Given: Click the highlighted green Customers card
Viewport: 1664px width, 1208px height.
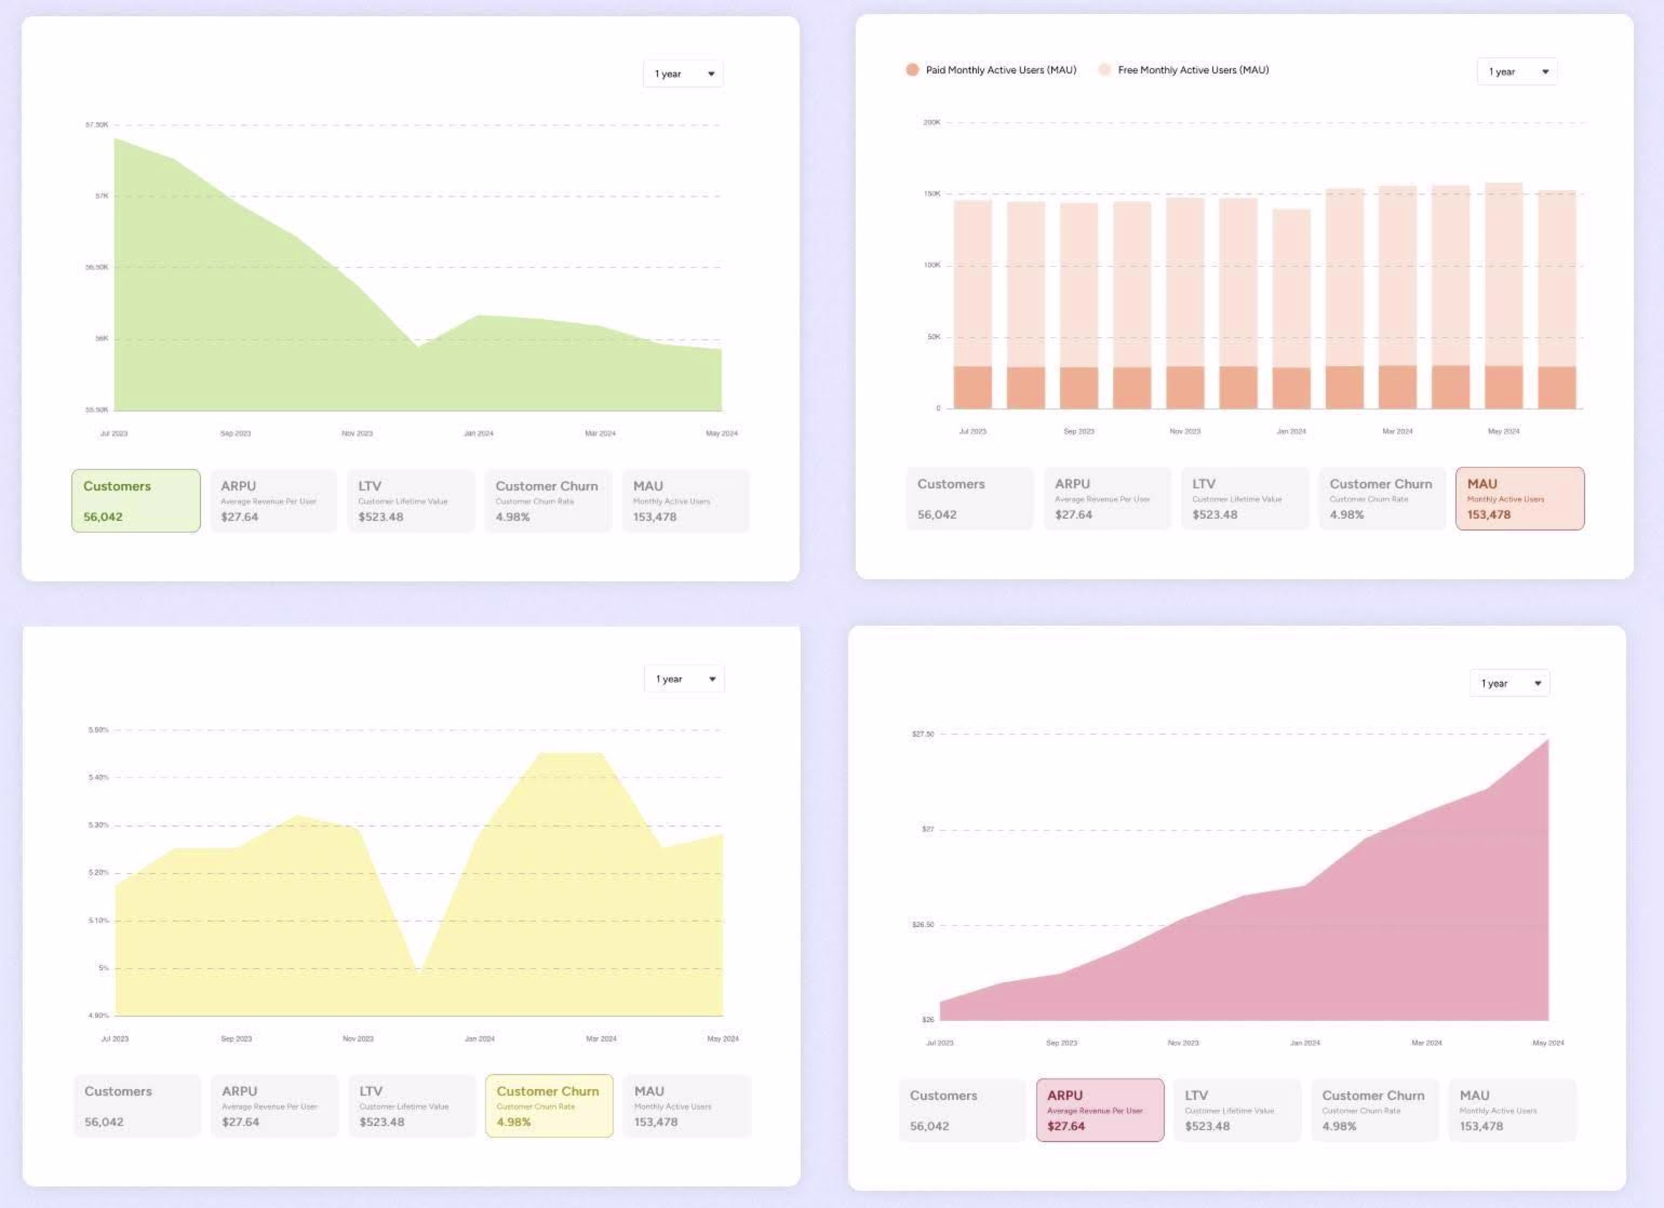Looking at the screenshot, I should pos(136,501).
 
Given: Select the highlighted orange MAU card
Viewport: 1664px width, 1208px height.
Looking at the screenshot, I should pos(1519,499).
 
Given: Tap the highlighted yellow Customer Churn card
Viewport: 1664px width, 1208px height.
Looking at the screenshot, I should pos(549,1106).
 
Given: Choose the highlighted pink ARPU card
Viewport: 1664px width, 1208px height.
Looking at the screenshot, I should pos(1100,1110).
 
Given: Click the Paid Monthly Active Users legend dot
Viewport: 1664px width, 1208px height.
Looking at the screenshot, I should pos(912,70).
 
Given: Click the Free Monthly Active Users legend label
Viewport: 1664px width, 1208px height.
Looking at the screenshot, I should pos(1193,70).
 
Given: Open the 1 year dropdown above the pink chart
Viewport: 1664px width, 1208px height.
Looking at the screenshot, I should pos(1509,683).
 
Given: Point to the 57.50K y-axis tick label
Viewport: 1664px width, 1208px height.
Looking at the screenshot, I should pos(97,125).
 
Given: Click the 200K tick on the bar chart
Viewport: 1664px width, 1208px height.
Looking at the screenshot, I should pos(931,123).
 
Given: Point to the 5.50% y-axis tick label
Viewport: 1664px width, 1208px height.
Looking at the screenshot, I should pos(98,730).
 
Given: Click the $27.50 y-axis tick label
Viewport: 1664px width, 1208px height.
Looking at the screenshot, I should pos(923,734).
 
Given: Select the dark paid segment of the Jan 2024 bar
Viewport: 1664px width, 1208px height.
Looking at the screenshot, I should pos(1291,388).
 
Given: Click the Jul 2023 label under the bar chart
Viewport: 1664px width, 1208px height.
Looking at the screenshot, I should pos(973,431).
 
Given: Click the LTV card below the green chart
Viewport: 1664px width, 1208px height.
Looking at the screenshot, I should pos(411,501).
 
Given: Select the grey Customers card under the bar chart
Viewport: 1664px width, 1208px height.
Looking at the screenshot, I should pos(969,499).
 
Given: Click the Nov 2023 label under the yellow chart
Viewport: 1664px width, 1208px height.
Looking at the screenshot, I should pos(358,1039).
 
